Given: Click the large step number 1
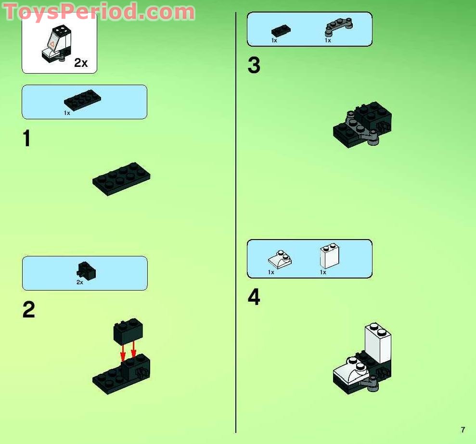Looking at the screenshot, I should point(27,139).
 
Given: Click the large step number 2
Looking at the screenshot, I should point(28,310).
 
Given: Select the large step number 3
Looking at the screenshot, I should point(254,66).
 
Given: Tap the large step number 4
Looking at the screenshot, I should point(254,297).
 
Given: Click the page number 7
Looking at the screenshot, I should point(463,430).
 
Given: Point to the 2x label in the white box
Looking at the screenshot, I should point(81,63).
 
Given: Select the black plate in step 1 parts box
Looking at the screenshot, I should point(83,100).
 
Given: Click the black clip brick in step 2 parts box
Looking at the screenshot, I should point(86,271).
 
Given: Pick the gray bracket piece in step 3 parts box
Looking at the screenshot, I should point(339,28).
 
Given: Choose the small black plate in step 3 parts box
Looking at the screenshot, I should point(281,30).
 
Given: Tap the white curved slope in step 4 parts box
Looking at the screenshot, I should point(280,260).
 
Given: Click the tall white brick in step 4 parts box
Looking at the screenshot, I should point(329,256).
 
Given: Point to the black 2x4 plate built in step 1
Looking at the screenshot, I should point(121,178).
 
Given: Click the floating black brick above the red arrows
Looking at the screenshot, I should point(128,331).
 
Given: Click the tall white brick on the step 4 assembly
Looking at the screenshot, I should point(378,343).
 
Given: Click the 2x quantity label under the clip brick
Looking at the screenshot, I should point(80,282).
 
